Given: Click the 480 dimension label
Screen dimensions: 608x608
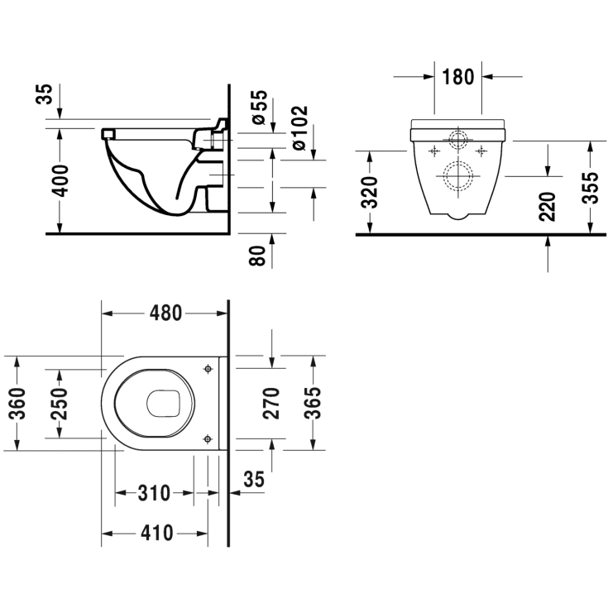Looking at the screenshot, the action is coord(165,313).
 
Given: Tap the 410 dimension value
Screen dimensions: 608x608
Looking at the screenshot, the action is coord(156,534).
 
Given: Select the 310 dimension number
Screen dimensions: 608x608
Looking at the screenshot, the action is coord(154,493).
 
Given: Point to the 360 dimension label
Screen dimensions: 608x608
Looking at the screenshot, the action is coord(17,404).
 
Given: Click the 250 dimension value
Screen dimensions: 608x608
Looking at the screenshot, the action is coord(59,404).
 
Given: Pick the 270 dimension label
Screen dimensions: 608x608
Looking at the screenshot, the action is coord(271,404).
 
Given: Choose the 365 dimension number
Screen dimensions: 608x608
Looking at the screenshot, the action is coord(313,404).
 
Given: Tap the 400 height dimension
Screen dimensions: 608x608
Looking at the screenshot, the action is coord(60,180).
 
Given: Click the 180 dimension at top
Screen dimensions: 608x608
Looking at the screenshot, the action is coord(458,77).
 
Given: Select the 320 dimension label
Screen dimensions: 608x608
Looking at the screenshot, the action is coord(369,192).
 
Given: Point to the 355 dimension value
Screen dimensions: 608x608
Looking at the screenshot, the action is coord(590,188).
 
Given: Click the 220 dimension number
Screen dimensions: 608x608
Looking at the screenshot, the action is coord(547,206).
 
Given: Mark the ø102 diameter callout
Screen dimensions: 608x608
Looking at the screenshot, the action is coord(299,127).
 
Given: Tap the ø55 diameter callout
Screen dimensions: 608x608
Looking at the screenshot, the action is coord(259,107).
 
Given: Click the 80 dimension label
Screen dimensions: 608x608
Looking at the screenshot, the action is coord(257,255).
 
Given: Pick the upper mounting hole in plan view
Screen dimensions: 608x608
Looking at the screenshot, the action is coord(208,369).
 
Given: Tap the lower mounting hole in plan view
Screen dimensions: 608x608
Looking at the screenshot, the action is coord(208,439).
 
